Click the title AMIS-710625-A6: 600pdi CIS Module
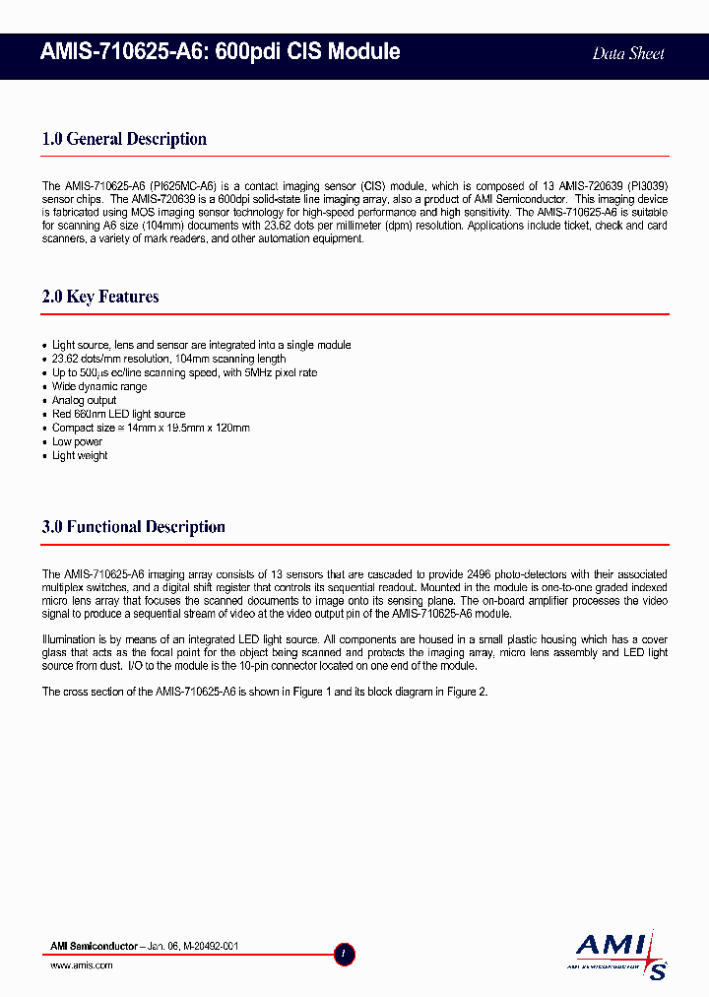click(x=221, y=52)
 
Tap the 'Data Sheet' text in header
click(x=628, y=54)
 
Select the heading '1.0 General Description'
click(x=124, y=139)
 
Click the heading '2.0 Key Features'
click(x=100, y=297)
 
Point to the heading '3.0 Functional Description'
click(x=133, y=527)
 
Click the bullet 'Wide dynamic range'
click(x=99, y=386)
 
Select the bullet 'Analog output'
click(x=85, y=400)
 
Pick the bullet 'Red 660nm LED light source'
click(x=118, y=414)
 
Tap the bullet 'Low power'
click(x=77, y=441)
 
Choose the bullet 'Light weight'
click(x=80, y=455)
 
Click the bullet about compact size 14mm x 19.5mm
click(x=151, y=428)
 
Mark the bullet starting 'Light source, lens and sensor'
click(x=201, y=345)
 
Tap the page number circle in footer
click(x=345, y=954)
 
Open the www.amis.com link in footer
click(x=82, y=965)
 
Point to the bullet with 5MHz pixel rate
click(x=184, y=372)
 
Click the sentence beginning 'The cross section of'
click(x=264, y=692)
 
